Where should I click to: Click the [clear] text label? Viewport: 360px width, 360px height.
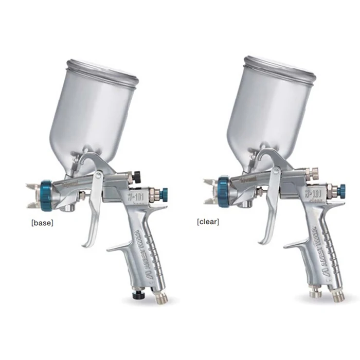pos(208,222)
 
